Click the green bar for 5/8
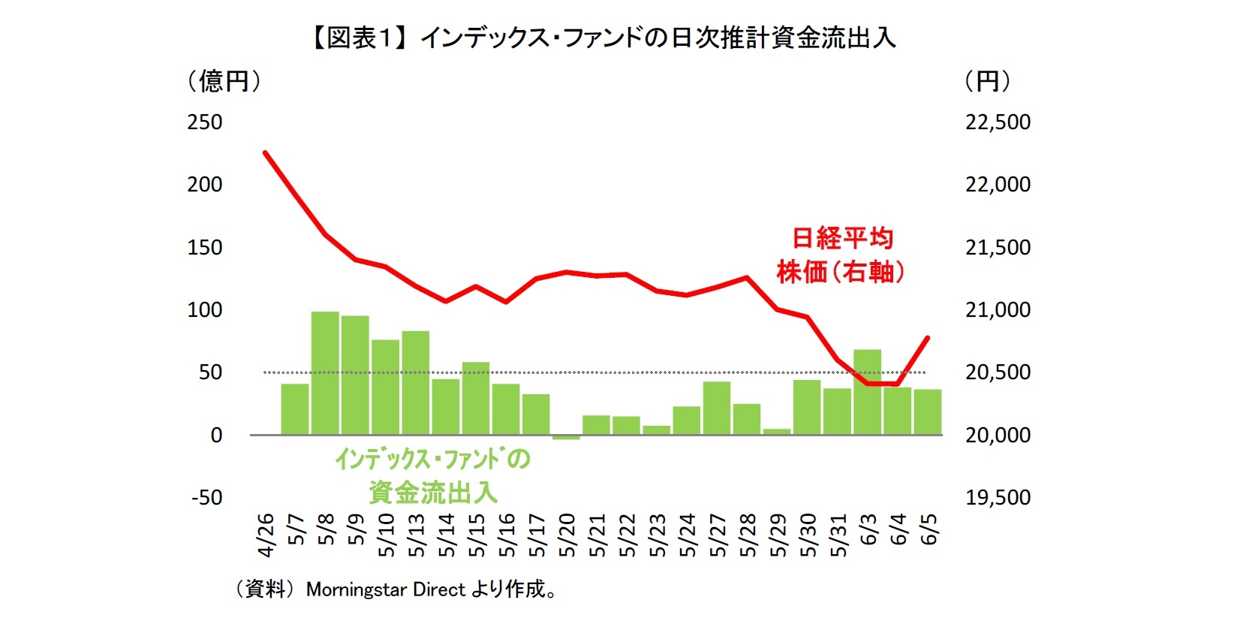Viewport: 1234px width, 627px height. (325, 372)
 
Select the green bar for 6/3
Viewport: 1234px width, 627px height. (867, 392)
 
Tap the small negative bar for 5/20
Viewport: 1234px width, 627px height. (566, 437)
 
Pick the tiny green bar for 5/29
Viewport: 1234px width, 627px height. (777, 432)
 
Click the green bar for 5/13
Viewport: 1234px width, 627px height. (415, 382)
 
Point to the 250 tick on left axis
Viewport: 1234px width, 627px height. (204, 122)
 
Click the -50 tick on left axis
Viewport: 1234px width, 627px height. (206, 498)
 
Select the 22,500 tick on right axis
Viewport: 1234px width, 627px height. (998, 122)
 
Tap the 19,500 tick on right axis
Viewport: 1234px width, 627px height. (998, 498)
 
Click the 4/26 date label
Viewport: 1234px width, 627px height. (266, 536)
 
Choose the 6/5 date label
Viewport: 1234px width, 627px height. (929, 529)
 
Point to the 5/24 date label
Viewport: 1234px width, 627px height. (687, 536)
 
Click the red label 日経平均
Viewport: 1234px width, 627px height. (842, 239)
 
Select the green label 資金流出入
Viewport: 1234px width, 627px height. (432, 493)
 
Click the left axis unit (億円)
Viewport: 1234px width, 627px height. (224, 81)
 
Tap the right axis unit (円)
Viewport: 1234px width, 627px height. (987, 81)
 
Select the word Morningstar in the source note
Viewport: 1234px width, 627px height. (357, 589)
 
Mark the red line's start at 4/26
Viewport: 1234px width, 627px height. (265, 152)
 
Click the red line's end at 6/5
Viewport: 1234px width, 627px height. (929, 338)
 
